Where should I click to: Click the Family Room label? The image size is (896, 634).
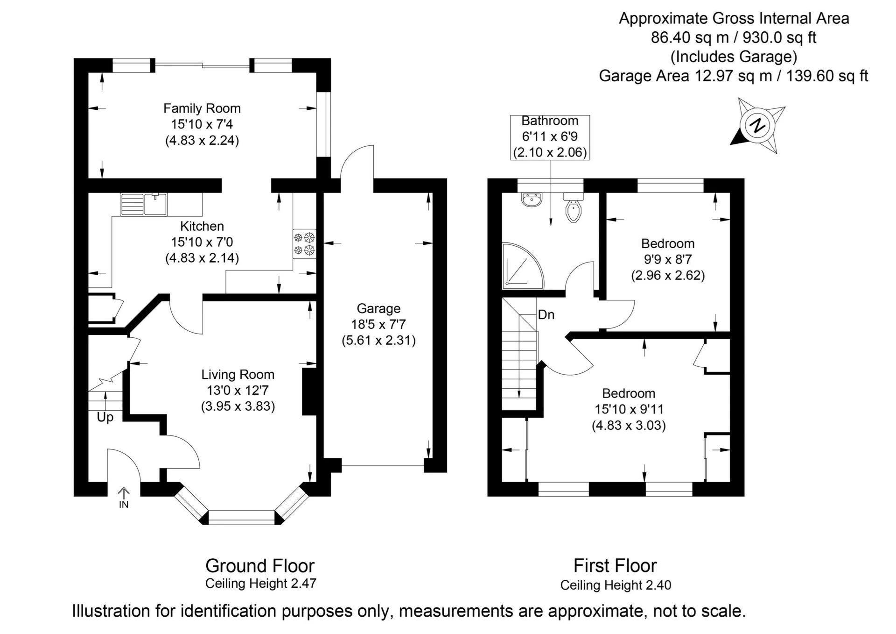(202, 108)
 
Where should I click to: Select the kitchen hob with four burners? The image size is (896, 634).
(304, 243)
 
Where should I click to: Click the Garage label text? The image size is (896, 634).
(378, 308)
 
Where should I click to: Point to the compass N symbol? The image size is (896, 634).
(757, 126)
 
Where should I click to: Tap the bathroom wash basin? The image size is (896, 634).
(532, 200)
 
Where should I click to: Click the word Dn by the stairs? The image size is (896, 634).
(546, 315)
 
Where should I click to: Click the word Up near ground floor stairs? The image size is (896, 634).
(105, 417)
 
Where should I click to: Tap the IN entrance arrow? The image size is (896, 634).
(124, 498)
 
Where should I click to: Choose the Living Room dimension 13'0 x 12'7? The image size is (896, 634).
(238, 390)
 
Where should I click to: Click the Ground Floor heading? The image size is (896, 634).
(260, 566)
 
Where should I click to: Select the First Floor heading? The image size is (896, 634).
(615, 566)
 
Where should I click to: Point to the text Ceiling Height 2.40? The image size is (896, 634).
(616, 585)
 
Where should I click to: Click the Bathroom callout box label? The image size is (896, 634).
(550, 121)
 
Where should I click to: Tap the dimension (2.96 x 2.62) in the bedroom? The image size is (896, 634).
(668, 275)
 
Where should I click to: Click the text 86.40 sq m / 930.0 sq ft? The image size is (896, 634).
(734, 37)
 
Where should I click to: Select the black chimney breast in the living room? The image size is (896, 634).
(309, 392)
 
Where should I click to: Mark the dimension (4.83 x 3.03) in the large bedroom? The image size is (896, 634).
(629, 426)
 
